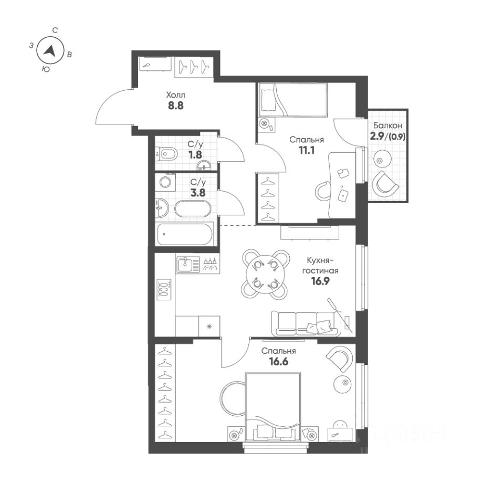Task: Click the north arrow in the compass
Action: pos(50,50)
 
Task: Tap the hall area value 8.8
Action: pos(176,105)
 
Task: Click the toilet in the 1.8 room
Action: pos(167,154)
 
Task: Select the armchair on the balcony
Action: pos(386,184)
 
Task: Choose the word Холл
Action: pos(176,95)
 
